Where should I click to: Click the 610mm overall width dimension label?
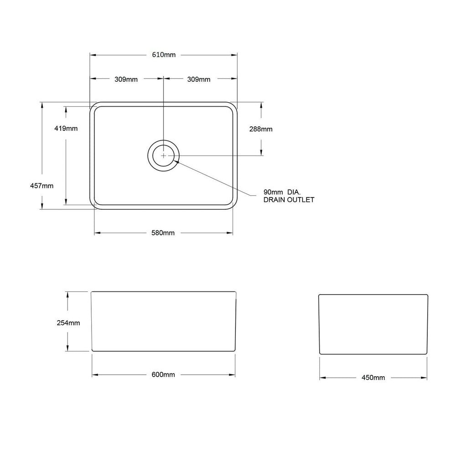click(x=163, y=55)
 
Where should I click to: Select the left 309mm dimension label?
click(x=126, y=79)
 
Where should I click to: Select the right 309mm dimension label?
click(x=199, y=79)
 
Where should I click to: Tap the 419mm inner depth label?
click(x=66, y=129)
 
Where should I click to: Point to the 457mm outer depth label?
click(x=42, y=186)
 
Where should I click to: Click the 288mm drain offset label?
click(x=261, y=129)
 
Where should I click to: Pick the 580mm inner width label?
click(x=163, y=233)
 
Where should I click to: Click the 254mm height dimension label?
click(x=68, y=323)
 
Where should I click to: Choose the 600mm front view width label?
click(x=163, y=375)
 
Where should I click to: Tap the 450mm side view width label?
click(x=373, y=378)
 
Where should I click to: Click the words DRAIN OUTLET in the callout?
click(x=289, y=200)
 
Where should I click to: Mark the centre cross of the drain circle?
click(x=163, y=156)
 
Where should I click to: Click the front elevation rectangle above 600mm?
click(x=164, y=321)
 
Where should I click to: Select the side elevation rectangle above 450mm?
click(x=373, y=324)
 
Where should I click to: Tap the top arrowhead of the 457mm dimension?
click(x=42, y=105)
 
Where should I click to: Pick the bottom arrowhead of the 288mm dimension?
click(x=261, y=153)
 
